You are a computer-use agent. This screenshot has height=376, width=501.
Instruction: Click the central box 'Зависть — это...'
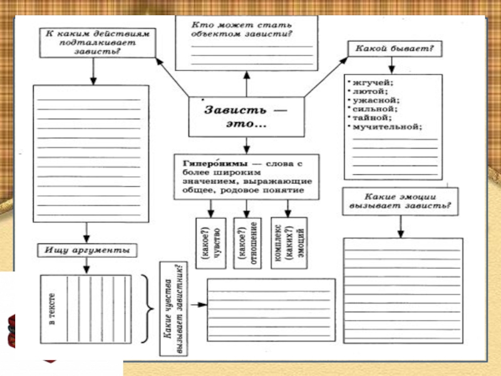(x=246, y=117)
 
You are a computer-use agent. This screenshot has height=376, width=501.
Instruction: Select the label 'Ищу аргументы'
(x=87, y=250)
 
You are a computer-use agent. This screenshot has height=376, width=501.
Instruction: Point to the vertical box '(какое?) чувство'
(x=209, y=244)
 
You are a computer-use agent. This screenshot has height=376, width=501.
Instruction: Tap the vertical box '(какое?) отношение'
(x=247, y=244)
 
